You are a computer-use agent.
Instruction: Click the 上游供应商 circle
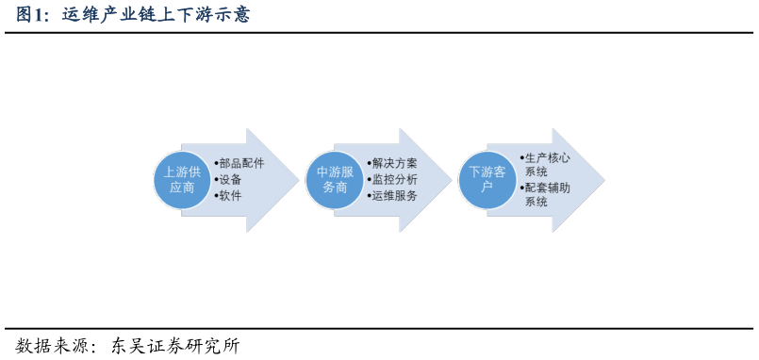coord(182,180)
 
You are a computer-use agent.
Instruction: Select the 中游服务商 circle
coord(335,180)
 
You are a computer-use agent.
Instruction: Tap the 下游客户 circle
coord(487,180)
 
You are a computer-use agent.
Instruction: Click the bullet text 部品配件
coord(241,163)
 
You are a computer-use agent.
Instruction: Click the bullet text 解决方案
coord(394,163)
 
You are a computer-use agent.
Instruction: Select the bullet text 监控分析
coord(394,179)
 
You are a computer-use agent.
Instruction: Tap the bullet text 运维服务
coord(394,196)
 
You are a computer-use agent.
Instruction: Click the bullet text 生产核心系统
coord(547,165)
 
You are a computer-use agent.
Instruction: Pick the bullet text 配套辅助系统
coord(547,194)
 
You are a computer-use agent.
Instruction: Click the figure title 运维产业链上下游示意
coord(157,15)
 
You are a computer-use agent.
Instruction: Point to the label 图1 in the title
coord(32,15)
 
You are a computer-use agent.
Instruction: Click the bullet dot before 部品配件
coord(216,164)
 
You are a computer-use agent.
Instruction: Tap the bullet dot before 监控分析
coord(369,180)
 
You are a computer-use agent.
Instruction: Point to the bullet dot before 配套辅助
coord(521,188)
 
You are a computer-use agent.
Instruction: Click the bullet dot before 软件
coord(216,196)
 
